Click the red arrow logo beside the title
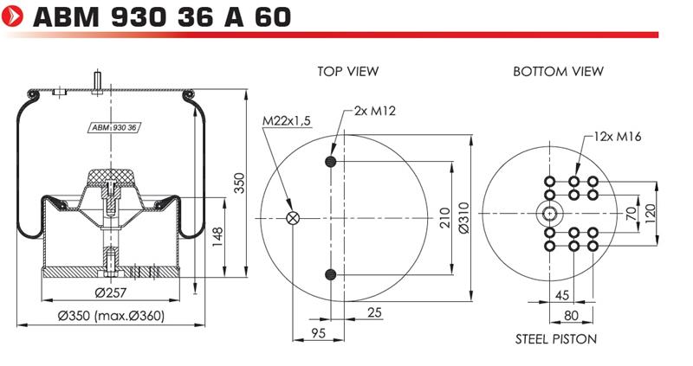pos(12,16)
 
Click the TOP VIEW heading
pos(348,71)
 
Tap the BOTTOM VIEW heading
pos(558,71)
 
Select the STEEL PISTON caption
pos(556,338)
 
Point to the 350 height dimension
pos(239,183)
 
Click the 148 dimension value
pos(217,237)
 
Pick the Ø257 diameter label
pos(111,292)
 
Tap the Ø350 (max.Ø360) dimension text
pos(111,316)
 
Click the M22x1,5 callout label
pos(287,120)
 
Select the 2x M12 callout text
pos(375,111)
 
